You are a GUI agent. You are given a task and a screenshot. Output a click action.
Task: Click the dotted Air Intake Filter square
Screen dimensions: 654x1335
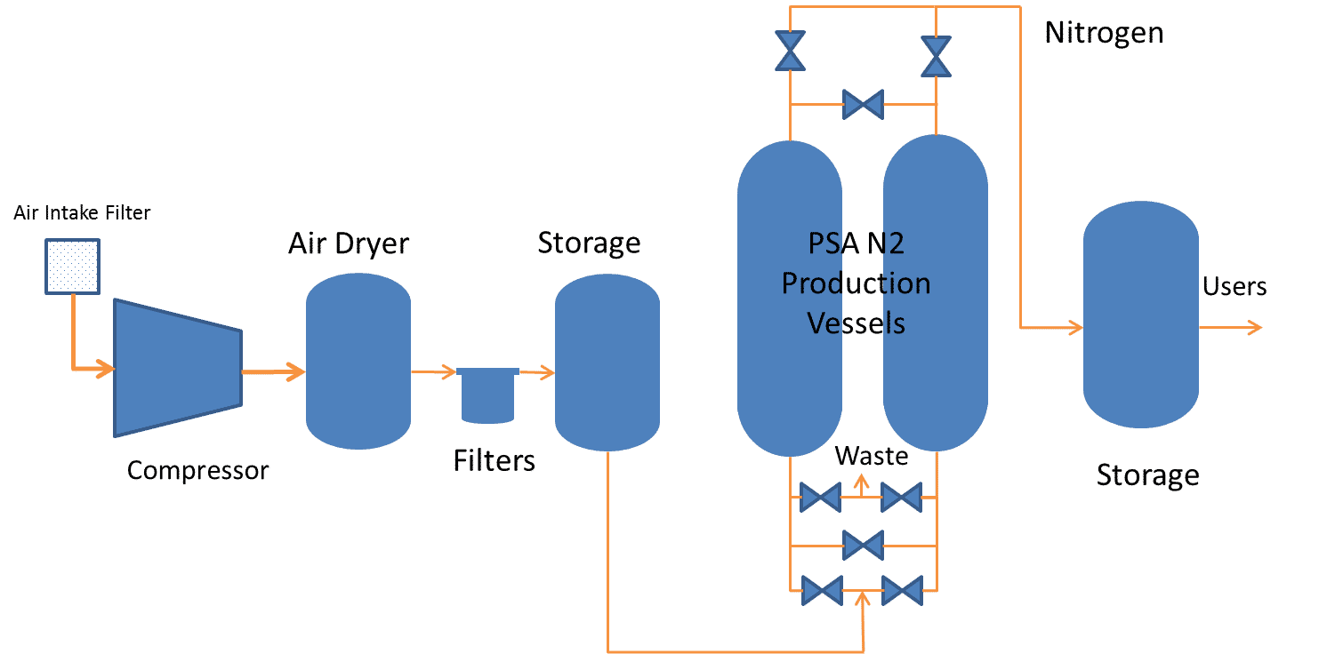tap(73, 266)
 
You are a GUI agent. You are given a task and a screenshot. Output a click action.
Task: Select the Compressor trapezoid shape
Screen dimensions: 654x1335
tap(177, 367)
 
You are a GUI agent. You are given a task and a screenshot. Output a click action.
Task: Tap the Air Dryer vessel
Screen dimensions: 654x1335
tap(358, 361)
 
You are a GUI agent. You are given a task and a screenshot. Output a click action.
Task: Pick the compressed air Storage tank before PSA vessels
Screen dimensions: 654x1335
tap(607, 363)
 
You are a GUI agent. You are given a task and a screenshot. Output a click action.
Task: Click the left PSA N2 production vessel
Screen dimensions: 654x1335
tap(789, 299)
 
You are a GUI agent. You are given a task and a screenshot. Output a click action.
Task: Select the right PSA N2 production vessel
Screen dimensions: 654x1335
tap(935, 292)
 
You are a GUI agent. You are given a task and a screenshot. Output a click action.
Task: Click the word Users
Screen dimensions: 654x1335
tap(1234, 287)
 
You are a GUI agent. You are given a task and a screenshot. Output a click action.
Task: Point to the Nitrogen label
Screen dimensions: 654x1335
tap(1103, 33)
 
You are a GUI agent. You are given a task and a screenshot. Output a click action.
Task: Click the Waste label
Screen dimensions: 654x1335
tap(871, 456)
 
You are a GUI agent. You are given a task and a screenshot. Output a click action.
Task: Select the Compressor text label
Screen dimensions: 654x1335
tap(197, 470)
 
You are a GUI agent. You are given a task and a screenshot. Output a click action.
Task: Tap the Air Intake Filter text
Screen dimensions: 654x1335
tap(82, 213)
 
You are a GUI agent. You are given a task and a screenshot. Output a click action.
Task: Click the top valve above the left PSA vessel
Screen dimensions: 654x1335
tap(789, 51)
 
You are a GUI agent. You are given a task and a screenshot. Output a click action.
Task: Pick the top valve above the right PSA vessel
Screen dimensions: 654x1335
tap(936, 55)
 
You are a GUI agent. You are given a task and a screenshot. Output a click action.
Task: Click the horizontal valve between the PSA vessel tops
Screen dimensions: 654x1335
tap(862, 105)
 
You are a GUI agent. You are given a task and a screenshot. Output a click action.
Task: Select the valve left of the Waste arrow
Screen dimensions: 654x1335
tap(819, 498)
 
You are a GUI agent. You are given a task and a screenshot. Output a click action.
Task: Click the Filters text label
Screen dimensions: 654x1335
tap(494, 460)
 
